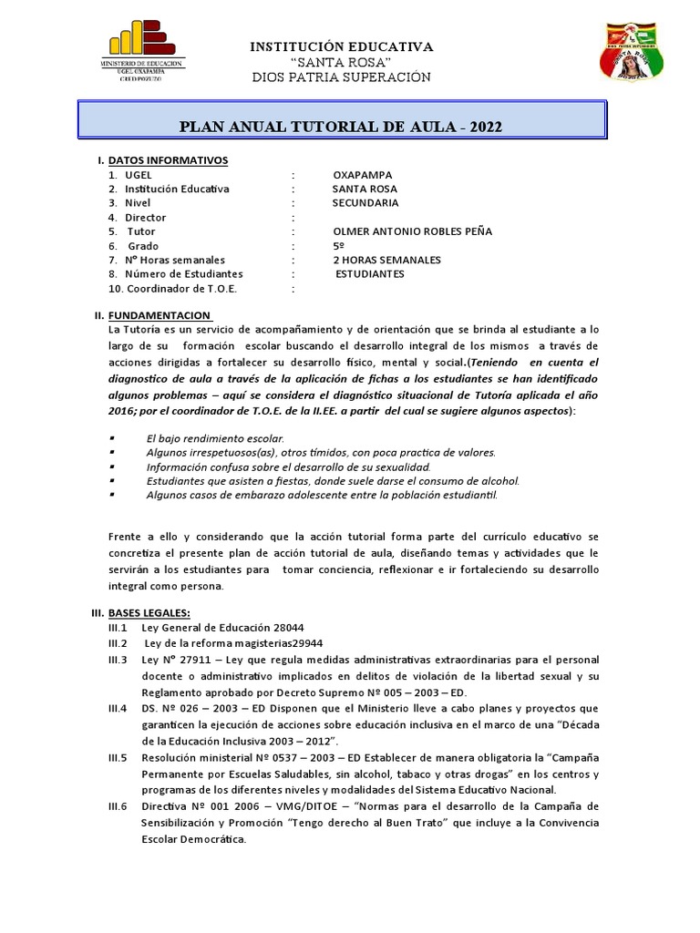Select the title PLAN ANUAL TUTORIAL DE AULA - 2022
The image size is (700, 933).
point(341,126)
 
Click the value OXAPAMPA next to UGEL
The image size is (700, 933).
point(365,175)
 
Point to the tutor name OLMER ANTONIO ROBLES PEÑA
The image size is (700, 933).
point(413,231)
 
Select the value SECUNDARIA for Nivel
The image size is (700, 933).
point(365,203)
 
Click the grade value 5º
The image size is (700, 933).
point(339,246)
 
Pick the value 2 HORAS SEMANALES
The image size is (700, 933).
point(387,260)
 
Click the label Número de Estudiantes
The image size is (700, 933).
point(183,274)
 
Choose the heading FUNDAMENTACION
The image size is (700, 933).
point(160,315)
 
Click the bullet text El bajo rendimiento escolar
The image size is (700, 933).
point(209,439)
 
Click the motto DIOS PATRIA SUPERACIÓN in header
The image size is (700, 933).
point(340,77)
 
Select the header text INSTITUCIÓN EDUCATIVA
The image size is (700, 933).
point(341,46)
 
